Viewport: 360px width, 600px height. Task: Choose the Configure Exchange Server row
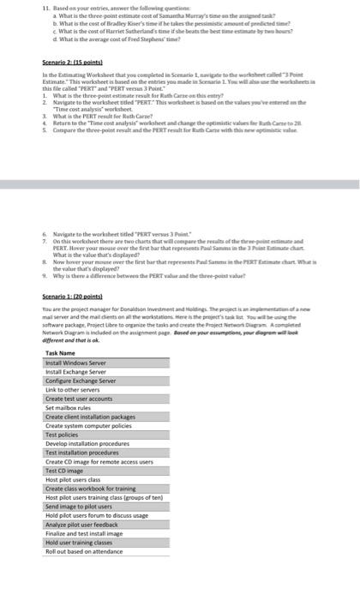point(81,382)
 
